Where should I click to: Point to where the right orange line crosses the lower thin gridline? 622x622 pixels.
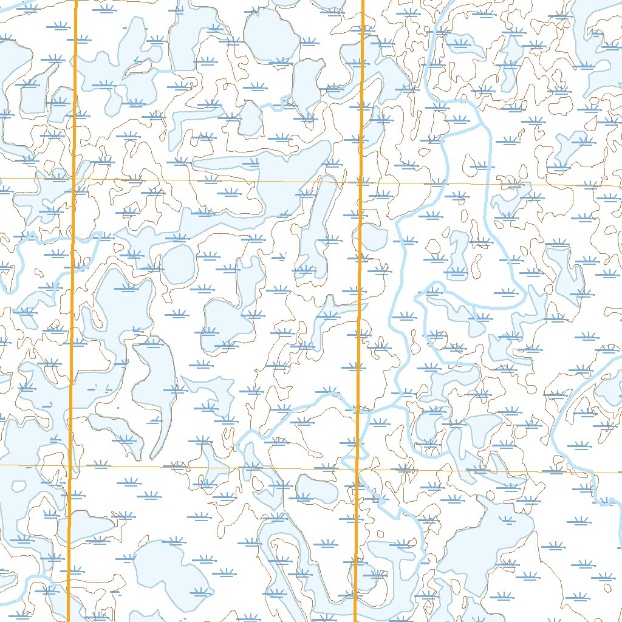click(x=356, y=468)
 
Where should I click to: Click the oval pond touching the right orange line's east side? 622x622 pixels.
click(x=372, y=239)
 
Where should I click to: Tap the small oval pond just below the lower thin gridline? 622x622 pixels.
click(x=316, y=488)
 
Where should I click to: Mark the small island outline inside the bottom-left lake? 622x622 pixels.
click(x=20, y=487)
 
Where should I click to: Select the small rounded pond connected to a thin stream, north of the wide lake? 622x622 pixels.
click(x=250, y=119)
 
